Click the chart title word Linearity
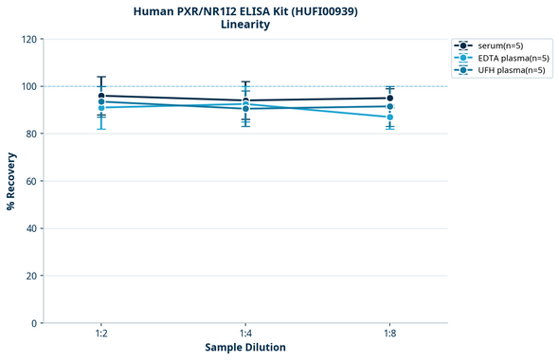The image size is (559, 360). [244, 25]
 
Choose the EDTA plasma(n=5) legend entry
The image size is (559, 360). [500, 58]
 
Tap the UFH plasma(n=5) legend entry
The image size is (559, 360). [499, 70]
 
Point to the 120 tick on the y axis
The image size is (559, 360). [28, 40]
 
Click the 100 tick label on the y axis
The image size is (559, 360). [28, 87]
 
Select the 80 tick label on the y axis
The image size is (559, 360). [31, 135]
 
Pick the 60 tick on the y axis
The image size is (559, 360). [31, 182]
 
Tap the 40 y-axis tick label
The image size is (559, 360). [31, 229]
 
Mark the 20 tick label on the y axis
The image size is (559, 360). [31, 277]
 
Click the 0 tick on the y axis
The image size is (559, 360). [34, 324]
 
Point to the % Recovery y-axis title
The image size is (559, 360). [11, 180]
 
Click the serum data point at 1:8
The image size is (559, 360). [389, 99]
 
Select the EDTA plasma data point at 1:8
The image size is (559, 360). [389, 117]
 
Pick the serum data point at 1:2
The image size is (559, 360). [101, 96]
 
